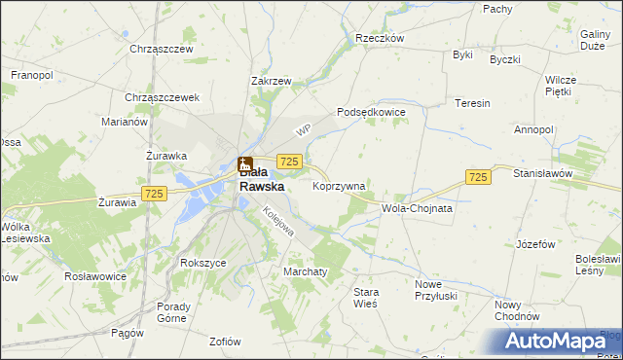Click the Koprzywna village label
tap(339, 185)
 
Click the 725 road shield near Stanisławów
tap(477, 176)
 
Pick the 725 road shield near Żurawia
tap(152, 194)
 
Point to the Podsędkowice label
tap(370, 112)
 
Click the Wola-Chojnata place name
tap(418, 208)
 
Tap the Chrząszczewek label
tap(163, 97)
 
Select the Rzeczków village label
tap(380, 38)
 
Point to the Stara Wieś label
tap(365, 298)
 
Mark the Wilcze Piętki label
tap(561, 86)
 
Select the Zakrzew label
tap(271, 82)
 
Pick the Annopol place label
tap(533, 128)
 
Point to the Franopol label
tap(32, 74)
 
